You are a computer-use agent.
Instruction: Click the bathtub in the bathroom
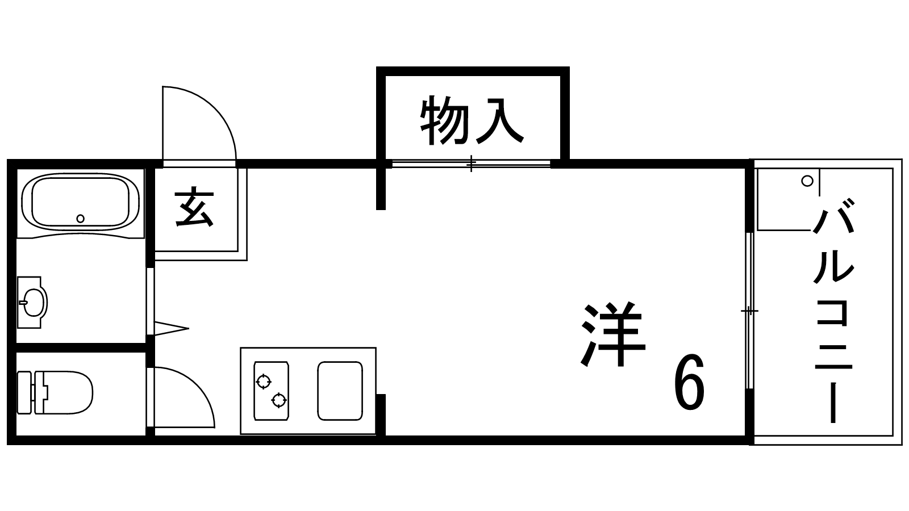point(80,202)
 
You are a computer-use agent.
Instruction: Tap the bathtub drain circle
point(80,218)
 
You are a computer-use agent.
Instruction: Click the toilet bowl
point(68,392)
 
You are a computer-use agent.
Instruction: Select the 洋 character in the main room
point(613,335)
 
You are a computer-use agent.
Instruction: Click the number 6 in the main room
point(689,383)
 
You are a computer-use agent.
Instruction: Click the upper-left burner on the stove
point(263,381)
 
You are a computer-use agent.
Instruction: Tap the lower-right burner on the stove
point(278,400)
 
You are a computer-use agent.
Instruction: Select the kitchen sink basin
point(340,391)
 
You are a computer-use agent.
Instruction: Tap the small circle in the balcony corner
point(806,181)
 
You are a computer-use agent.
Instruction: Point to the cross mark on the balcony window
point(749,311)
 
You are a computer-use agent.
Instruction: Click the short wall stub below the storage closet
point(381,187)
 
